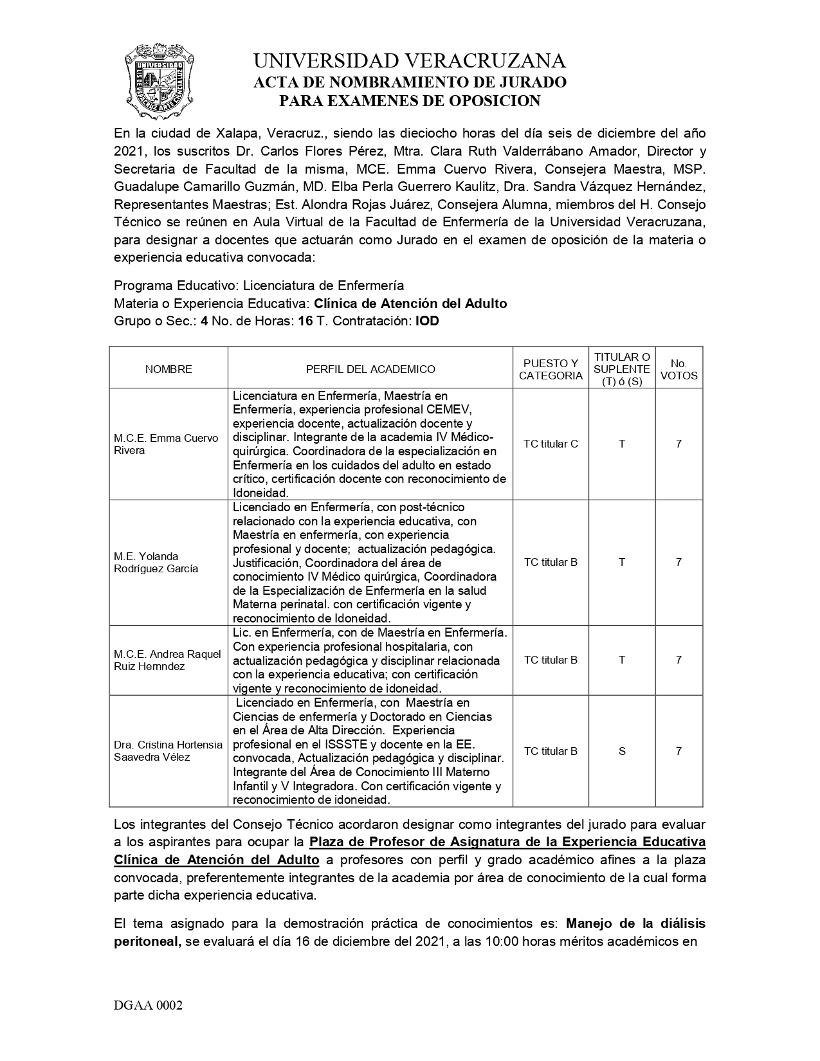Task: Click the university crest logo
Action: point(159,81)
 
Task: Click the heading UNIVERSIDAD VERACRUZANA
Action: point(410,61)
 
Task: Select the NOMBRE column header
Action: point(169,369)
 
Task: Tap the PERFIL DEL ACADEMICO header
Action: point(370,369)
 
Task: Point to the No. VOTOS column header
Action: point(679,369)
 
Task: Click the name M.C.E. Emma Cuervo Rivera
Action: point(166,444)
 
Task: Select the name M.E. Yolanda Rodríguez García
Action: point(156,562)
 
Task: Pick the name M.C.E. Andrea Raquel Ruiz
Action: point(167,660)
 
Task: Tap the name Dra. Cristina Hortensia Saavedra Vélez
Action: point(168,751)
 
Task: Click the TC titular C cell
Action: point(551,444)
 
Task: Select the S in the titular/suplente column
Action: point(622,751)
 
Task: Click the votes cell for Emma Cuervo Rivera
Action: point(679,444)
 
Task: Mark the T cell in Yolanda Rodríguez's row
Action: point(622,562)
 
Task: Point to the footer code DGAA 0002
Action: point(149,1006)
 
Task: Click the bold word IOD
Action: point(428,321)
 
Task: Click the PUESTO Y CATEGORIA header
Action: point(551,369)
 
